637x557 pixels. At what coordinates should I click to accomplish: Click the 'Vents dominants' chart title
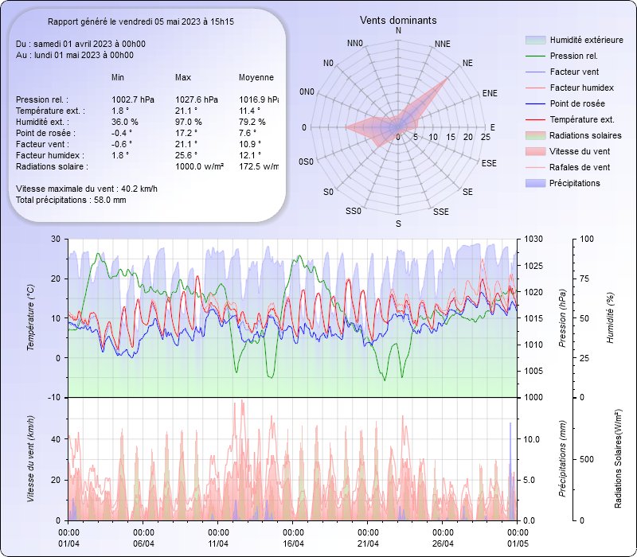coord(398,20)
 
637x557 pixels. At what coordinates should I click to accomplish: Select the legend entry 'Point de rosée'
coord(576,103)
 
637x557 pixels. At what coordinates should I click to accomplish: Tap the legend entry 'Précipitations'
coord(574,183)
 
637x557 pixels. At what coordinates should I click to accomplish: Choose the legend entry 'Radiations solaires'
coord(584,135)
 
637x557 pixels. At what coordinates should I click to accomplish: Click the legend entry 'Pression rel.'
coord(573,56)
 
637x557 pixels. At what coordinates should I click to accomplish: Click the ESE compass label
coord(490,163)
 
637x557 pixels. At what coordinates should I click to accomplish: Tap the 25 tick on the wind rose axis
coord(486,138)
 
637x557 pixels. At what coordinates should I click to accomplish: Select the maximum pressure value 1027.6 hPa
coord(196,99)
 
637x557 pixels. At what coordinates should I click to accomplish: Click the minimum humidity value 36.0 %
coord(125,122)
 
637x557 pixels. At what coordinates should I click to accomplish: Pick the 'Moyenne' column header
coord(256,78)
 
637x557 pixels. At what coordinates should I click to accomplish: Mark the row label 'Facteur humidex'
coord(47,155)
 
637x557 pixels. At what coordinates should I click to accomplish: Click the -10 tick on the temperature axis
coord(55,397)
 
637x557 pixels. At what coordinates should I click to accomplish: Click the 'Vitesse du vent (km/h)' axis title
coord(31,458)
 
